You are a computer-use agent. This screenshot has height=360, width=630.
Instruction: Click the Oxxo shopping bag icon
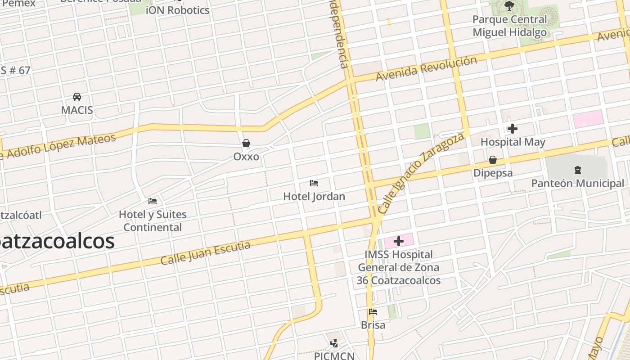click(246, 144)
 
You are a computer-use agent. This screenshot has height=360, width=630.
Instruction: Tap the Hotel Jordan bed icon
click(314, 183)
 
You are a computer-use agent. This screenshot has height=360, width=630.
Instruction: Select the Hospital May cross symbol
click(512, 129)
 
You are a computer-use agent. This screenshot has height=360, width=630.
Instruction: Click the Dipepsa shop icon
click(493, 160)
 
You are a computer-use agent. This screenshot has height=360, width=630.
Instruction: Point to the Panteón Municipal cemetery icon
click(578, 170)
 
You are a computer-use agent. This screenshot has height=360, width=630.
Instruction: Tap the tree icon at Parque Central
click(509, 6)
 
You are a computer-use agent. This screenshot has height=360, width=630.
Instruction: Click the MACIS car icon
click(77, 97)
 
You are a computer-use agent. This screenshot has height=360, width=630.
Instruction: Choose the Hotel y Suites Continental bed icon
click(153, 201)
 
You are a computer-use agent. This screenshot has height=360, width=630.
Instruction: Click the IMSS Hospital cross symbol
click(398, 242)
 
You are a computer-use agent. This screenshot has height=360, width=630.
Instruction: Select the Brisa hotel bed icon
click(373, 312)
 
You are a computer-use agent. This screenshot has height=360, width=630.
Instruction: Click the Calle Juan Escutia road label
click(205, 253)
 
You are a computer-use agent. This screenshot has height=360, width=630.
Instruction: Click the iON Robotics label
click(178, 10)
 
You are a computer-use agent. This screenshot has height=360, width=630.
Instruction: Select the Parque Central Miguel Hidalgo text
click(509, 26)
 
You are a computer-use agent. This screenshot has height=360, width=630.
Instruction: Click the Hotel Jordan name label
click(314, 197)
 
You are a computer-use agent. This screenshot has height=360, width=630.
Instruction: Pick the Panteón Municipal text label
click(578, 184)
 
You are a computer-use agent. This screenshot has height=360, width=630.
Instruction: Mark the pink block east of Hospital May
click(588, 119)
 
